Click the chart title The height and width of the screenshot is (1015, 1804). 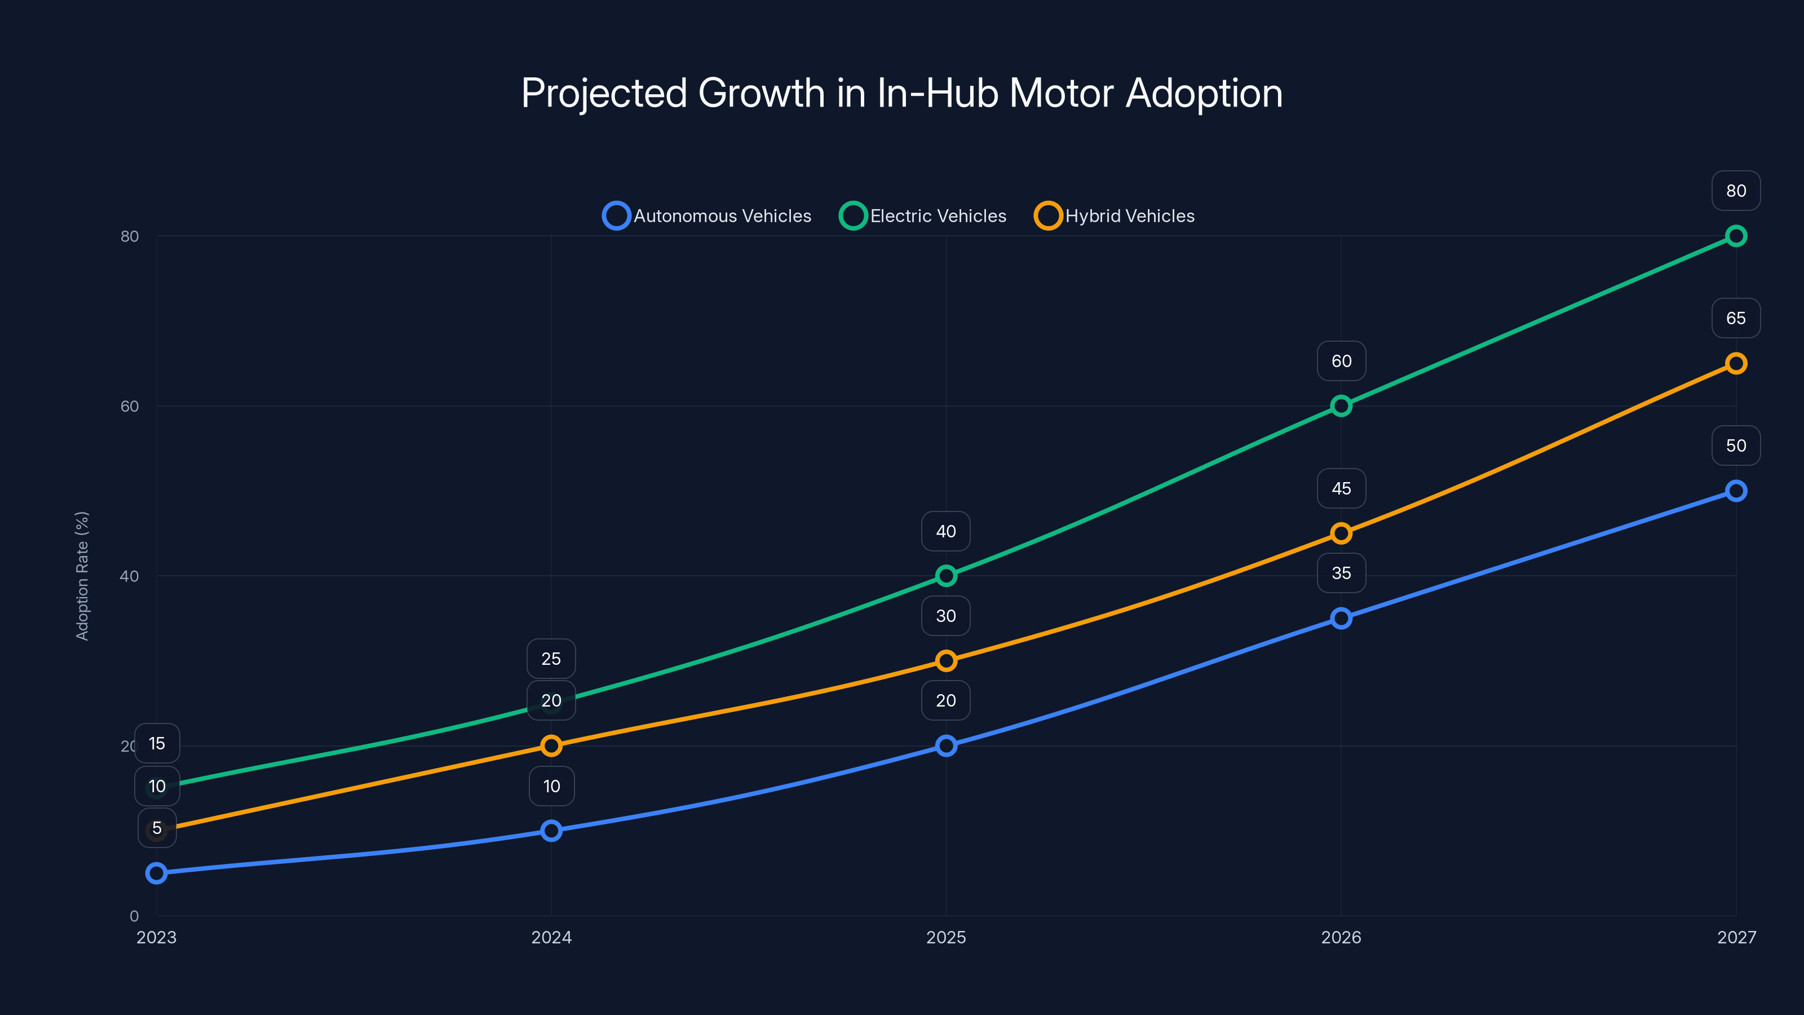(902, 93)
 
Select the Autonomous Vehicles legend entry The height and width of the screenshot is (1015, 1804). (708, 216)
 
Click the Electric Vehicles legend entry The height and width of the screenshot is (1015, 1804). (923, 216)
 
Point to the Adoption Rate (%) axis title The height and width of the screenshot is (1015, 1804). (82, 576)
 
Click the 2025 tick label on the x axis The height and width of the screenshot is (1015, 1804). (946, 937)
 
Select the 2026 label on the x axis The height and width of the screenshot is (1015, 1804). (1341, 937)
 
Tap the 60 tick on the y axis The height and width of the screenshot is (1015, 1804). (130, 406)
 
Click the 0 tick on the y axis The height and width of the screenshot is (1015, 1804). (134, 916)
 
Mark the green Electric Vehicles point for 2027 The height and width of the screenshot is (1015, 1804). (1736, 236)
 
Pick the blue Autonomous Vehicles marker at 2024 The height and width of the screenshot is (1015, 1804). (551, 831)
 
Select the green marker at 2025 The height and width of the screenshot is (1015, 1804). (946, 576)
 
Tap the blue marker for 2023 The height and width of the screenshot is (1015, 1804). (156, 873)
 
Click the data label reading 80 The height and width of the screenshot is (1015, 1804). (1736, 191)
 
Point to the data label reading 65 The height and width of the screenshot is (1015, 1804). (1736, 318)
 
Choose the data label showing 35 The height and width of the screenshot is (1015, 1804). (1341, 573)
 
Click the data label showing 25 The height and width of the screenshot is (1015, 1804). (551, 659)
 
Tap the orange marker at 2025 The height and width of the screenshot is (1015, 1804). (946, 660)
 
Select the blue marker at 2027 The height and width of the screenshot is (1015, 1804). (1736, 491)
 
